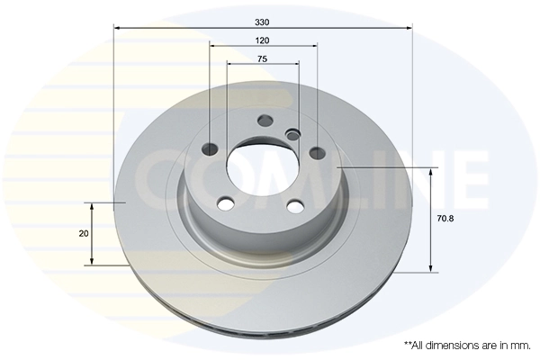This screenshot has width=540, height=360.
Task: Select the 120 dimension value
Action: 263,41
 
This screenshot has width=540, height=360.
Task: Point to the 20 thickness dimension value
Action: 83,234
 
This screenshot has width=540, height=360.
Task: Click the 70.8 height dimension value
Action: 445,218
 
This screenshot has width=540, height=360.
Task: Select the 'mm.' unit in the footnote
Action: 520,345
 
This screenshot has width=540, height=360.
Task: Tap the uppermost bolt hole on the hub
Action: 265,121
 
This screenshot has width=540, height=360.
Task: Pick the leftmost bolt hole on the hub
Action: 211,149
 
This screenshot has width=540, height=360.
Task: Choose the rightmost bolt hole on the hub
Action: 315,151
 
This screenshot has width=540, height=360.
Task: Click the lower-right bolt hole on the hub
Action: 294,206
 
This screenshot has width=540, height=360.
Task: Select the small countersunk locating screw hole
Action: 292,135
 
